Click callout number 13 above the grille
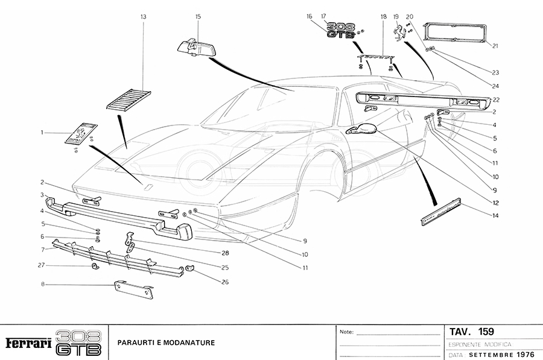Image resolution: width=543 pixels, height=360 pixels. point(143,18)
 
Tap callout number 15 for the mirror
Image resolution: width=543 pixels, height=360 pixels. point(198,17)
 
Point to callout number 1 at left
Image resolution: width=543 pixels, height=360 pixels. point(42,132)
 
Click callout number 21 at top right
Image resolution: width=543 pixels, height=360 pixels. point(494,45)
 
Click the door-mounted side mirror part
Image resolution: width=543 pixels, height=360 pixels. point(361,128)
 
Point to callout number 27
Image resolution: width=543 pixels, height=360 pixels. point(42,265)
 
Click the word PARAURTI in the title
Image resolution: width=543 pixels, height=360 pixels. point(136,343)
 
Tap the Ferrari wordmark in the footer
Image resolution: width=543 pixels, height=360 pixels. point(28,343)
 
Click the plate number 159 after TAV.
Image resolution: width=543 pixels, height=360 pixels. point(486,331)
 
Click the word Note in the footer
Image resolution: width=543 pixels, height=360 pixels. point(346,332)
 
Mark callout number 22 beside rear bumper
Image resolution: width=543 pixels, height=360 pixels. point(494,99)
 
